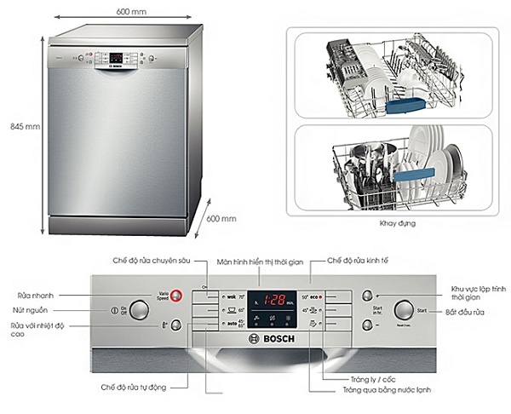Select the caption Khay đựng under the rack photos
tap(387, 223)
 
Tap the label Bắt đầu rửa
tap(464, 311)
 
